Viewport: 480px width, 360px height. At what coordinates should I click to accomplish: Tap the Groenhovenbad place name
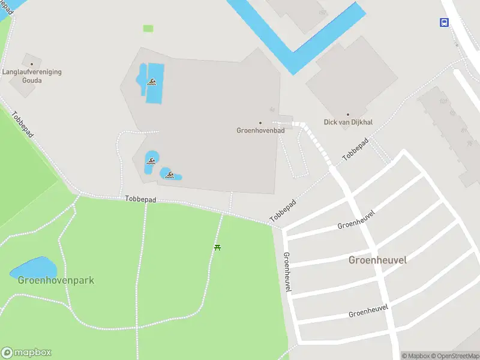tap(260, 130)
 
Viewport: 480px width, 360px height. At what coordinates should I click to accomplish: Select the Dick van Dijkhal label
tap(348, 122)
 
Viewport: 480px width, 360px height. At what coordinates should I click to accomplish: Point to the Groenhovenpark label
tap(56, 280)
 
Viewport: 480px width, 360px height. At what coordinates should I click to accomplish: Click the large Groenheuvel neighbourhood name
tap(377, 260)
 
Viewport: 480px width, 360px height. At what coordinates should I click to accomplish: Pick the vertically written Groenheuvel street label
tap(287, 272)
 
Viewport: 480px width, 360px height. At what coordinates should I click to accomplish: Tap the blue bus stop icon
tap(444, 22)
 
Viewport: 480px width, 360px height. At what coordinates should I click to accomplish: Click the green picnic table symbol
tap(217, 247)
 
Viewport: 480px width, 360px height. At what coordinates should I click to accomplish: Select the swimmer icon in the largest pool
tap(152, 82)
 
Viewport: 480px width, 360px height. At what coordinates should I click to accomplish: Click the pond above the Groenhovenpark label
tap(33, 266)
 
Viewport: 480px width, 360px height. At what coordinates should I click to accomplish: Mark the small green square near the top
tap(148, 28)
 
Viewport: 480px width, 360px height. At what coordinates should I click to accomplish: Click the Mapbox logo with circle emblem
tap(26, 353)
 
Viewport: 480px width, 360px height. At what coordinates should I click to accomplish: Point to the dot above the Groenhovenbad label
tap(260, 122)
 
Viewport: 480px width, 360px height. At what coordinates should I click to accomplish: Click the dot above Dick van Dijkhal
tap(348, 114)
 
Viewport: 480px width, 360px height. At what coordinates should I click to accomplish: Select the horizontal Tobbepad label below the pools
tap(140, 199)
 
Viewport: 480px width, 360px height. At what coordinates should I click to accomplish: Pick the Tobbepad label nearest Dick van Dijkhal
tap(355, 149)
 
